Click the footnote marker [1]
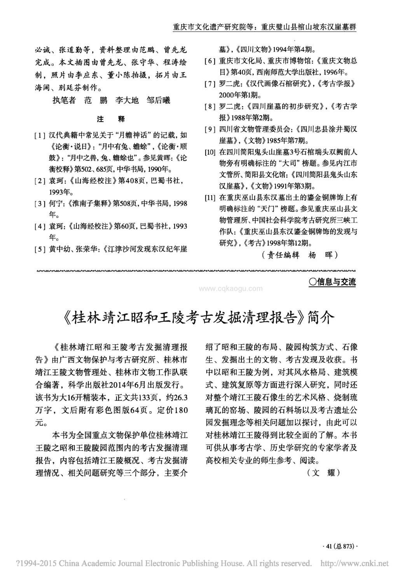click(x=39, y=136)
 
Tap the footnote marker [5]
click(x=39, y=249)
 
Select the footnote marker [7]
click(x=210, y=84)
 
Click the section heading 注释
click(x=110, y=119)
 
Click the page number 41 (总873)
click(x=340, y=546)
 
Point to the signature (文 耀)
click(x=323, y=473)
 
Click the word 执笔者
click(x=64, y=100)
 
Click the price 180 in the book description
click(x=180, y=410)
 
